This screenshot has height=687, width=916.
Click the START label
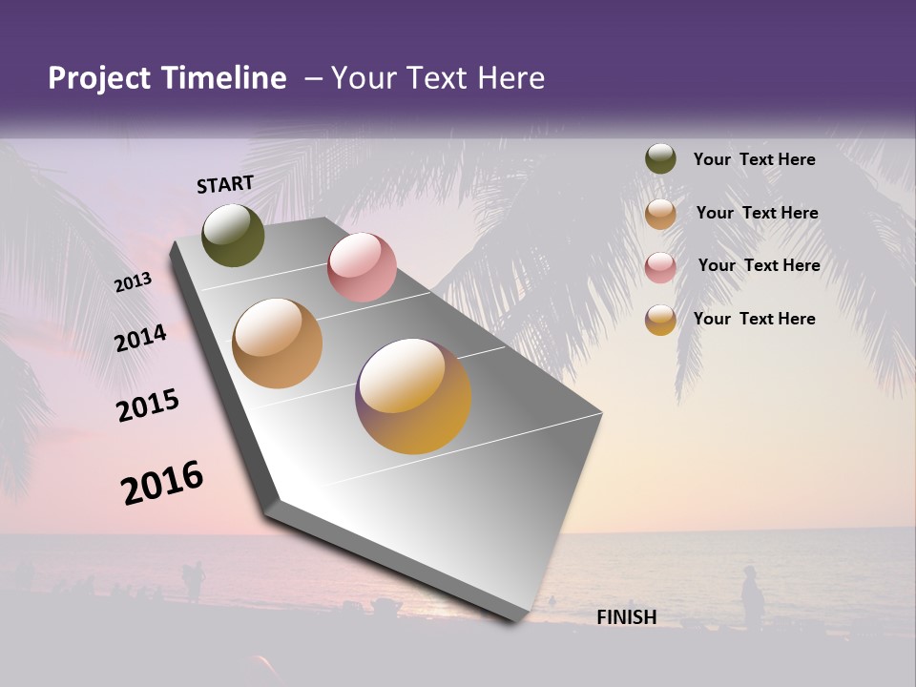[225, 184]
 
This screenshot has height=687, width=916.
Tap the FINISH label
[627, 617]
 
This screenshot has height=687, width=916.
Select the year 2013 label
[133, 282]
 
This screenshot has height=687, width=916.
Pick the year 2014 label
[140, 339]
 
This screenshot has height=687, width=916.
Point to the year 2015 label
[148, 406]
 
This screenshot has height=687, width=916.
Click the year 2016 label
[162, 483]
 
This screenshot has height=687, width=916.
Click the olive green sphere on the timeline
[234, 235]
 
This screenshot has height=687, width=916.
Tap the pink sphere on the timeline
[362, 267]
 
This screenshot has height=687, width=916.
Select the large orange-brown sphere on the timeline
[278, 343]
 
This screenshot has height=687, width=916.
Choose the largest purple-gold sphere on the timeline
[413, 396]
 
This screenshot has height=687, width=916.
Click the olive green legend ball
[660, 159]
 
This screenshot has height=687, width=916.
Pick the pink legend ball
[660, 267]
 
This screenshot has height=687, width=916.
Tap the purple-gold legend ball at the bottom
[660, 320]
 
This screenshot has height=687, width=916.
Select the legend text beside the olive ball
[754, 159]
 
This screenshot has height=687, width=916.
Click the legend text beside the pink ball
[759, 265]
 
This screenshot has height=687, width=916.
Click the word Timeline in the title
[223, 78]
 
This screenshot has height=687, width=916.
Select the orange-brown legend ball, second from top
[660, 214]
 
